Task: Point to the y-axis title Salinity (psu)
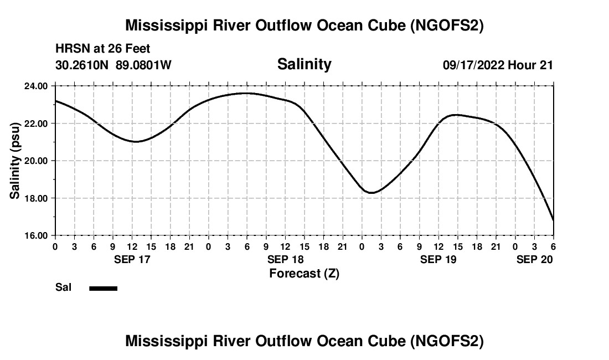[x=15, y=161]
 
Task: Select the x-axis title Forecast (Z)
[x=304, y=273]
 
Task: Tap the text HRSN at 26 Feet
[x=103, y=49]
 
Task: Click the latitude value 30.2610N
[x=82, y=65]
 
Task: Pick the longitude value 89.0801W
[x=143, y=65]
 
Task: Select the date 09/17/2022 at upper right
[x=473, y=65]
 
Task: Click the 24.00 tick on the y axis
[x=35, y=86]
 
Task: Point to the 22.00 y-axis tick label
[x=35, y=123]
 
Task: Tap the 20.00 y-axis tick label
[x=35, y=161]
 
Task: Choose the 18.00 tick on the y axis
[x=35, y=198]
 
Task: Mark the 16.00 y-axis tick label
[x=35, y=235]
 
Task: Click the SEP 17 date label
[x=132, y=259]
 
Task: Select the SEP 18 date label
[x=286, y=259]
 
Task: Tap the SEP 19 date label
[x=439, y=259]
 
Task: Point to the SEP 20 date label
[x=535, y=259]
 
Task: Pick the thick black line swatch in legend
[x=103, y=288]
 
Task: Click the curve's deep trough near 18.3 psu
[x=372, y=192]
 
